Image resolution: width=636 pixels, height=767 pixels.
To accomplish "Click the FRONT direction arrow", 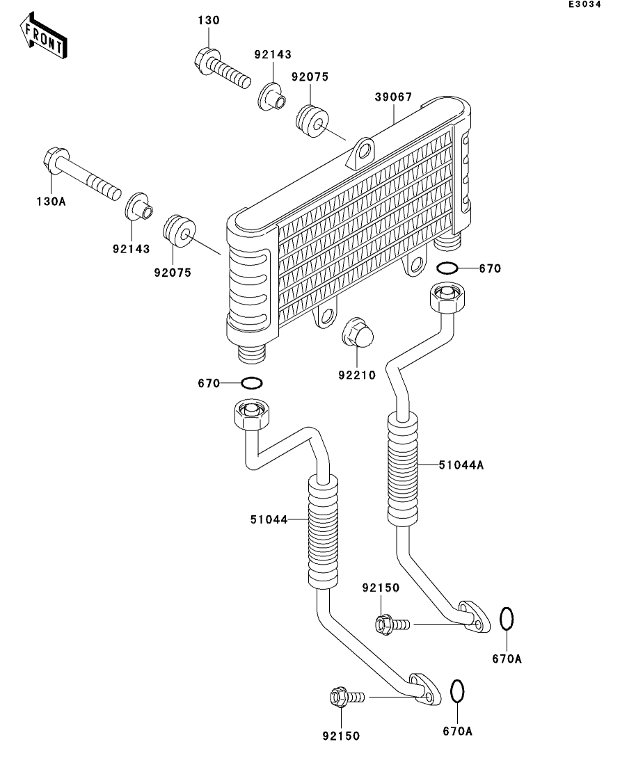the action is pyautogui.click(x=44, y=35).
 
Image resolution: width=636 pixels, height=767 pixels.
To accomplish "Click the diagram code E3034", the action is pyautogui.click(x=585, y=4).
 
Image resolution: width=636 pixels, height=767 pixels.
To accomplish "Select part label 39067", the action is pyautogui.click(x=394, y=97).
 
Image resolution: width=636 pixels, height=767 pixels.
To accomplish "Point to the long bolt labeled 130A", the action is pyautogui.click(x=82, y=174).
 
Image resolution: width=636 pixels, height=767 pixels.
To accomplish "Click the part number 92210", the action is pyautogui.click(x=357, y=376).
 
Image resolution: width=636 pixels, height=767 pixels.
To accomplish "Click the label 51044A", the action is pyautogui.click(x=461, y=465).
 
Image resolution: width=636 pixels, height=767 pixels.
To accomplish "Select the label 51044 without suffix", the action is pyautogui.click(x=269, y=519).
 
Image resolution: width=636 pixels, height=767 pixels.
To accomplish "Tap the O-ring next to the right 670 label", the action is pyautogui.click(x=447, y=268).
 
